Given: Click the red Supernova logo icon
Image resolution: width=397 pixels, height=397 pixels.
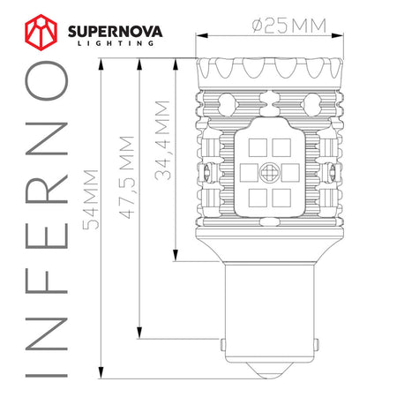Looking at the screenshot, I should (38, 34).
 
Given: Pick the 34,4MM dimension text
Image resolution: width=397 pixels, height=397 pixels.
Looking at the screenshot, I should (161, 141).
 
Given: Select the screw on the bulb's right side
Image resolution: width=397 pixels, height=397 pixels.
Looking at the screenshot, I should (336, 168).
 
